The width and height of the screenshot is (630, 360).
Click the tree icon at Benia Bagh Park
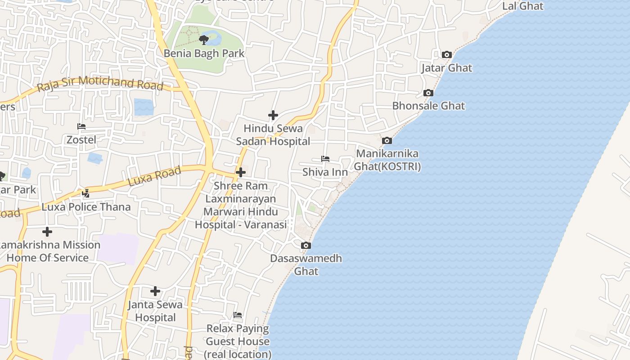point(203,40)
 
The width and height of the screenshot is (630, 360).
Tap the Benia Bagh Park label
point(204,53)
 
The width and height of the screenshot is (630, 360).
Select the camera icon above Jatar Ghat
point(446,55)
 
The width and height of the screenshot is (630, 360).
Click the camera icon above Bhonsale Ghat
point(428,93)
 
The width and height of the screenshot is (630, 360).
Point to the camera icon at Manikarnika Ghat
point(387,141)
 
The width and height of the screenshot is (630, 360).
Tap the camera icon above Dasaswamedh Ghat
point(306,245)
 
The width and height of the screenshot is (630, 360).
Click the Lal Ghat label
point(522,6)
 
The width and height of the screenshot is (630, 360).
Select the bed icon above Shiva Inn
point(325,159)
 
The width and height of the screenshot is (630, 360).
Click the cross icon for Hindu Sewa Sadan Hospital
point(273,115)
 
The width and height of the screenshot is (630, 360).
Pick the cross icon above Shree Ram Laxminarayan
point(241,172)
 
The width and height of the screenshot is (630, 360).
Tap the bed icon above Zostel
point(81,126)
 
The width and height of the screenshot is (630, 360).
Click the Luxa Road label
point(154,176)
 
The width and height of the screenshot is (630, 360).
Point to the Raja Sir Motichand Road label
point(100,83)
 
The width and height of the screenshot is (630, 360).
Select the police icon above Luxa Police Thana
point(86,193)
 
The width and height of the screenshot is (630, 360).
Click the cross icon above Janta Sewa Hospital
point(155,291)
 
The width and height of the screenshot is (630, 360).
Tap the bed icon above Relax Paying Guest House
point(238,315)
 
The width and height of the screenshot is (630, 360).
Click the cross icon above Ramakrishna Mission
point(47,232)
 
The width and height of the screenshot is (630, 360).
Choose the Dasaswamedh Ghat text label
point(306,265)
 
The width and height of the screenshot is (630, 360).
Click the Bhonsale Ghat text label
point(428,106)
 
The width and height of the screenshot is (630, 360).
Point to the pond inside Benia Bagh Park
point(215,38)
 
